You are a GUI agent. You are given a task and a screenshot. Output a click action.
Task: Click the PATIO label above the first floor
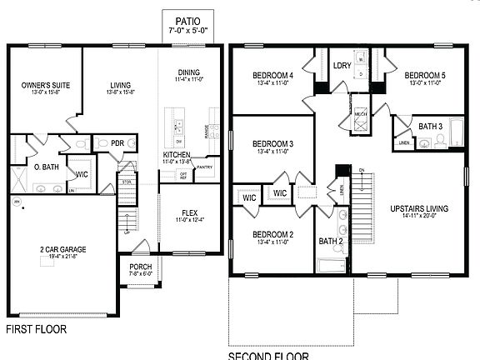(x=187, y=21)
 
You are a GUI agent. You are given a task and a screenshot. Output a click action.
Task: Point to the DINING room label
(x=188, y=72)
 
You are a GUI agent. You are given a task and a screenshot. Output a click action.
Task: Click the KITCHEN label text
(x=177, y=155)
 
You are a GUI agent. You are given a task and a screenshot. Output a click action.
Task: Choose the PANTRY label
(x=205, y=167)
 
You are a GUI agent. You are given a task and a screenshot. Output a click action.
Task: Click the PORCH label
(x=140, y=267)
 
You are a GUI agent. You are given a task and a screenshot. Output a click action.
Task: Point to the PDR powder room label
(x=117, y=143)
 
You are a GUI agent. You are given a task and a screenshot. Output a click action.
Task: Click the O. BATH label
(x=45, y=167)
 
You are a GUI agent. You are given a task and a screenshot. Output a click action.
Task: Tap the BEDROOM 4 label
(x=272, y=76)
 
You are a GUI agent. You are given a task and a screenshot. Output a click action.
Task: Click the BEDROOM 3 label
(x=274, y=144)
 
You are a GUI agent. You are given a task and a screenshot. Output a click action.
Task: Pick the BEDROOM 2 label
(x=274, y=234)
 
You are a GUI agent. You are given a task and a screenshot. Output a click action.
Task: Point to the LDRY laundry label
(x=342, y=65)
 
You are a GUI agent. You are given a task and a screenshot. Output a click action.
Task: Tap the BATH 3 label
(x=430, y=127)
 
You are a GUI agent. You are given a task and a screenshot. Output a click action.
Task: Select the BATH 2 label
(x=330, y=242)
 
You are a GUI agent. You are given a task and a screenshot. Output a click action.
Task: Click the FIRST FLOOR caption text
(x=37, y=329)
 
